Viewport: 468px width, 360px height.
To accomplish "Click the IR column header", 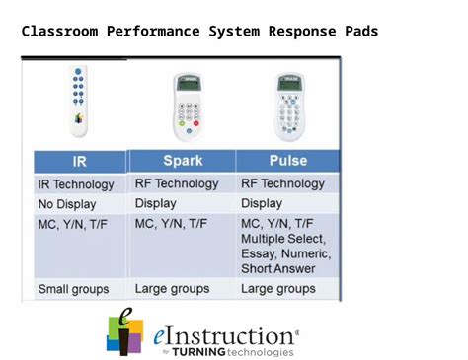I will pyautogui.click(x=79, y=162).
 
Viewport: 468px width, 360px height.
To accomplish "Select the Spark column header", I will pyautogui.click(x=183, y=160).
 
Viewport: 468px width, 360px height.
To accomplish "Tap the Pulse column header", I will pyautogui.click(x=287, y=160).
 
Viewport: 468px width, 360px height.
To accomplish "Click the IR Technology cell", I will pyautogui.click(x=76, y=184).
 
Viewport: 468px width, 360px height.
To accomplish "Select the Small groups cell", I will pyautogui.click(x=73, y=290).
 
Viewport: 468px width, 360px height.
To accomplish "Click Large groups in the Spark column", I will pyautogui.click(x=173, y=289).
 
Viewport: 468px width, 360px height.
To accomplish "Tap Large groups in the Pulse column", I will pyautogui.click(x=278, y=289).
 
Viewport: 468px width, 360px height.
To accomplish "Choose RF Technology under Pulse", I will pyautogui.click(x=282, y=183).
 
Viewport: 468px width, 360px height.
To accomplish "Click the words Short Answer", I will pyautogui.click(x=278, y=268).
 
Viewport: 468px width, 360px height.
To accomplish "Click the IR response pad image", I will pyautogui.click(x=78, y=102).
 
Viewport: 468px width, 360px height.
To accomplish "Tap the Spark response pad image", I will pyautogui.click(x=186, y=106).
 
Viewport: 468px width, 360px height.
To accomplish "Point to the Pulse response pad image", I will pyautogui.click(x=289, y=106).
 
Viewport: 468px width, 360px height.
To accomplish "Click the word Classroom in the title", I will pyautogui.click(x=58, y=32).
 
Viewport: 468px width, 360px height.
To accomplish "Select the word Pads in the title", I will pyautogui.click(x=360, y=32).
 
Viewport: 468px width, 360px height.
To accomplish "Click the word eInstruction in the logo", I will pyautogui.click(x=223, y=336).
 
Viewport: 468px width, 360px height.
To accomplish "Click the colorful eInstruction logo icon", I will pyautogui.click(x=124, y=332).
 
